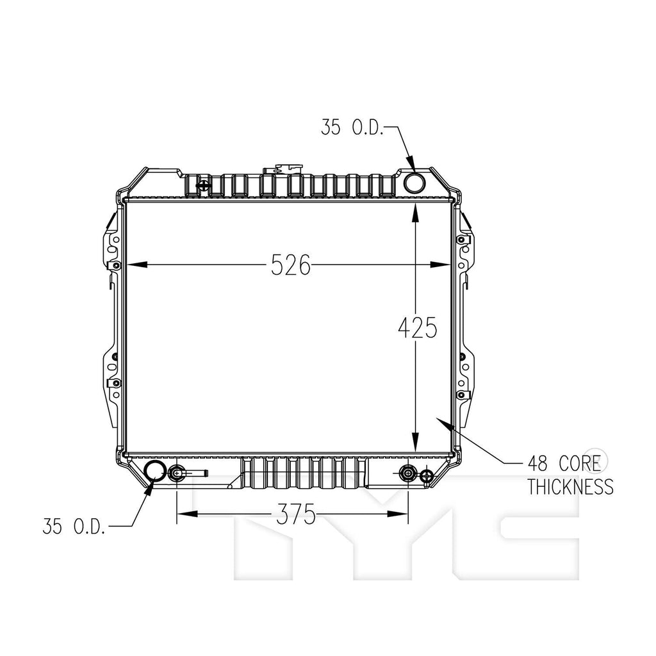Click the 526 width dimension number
(x=291, y=265)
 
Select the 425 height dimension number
(x=417, y=327)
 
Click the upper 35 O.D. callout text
(x=352, y=127)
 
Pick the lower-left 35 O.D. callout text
(x=74, y=526)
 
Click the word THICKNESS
(x=570, y=487)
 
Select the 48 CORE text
(x=564, y=464)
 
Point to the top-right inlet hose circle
(x=414, y=182)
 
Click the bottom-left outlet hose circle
(x=155, y=471)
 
